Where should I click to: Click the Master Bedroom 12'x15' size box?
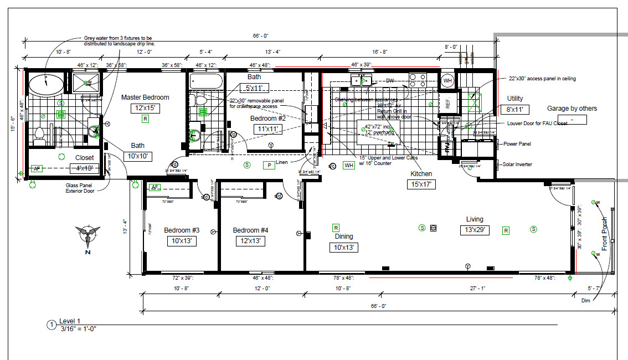pyautogui.click(x=145, y=109)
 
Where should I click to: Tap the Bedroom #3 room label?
pyautogui.click(x=182, y=230)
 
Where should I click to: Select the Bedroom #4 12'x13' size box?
pyautogui.click(x=250, y=241)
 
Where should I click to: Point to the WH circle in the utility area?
pyautogui.click(x=447, y=81)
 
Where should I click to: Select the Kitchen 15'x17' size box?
pyautogui.click(x=421, y=184)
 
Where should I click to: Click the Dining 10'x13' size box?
pyautogui.click(x=343, y=247)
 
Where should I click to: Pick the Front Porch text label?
pyautogui.click(x=605, y=234)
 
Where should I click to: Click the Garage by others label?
pyautogui.click(x=572, y=109)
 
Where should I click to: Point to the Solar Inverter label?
pyautogui.click(x=517, y=164)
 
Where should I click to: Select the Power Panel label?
pyautogui.click(x=517, y=144)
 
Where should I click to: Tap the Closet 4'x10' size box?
pyautogui.click(x=85, y=168)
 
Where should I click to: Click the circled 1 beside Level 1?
pyautogui.click(x=52, y=325)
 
